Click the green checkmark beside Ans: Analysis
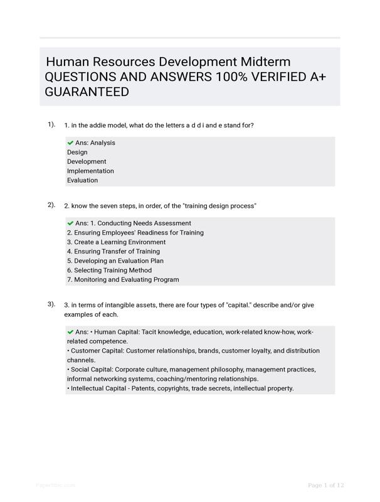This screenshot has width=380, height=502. [x=70, y=142]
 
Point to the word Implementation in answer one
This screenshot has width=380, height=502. [x=90, y=171]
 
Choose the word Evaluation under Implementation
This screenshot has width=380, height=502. [x=82, y=180]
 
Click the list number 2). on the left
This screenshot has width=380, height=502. [x=51, y=205]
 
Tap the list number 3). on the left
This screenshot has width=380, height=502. [x=51, y=304]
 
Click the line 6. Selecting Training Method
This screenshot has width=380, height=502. [x=109, y=270]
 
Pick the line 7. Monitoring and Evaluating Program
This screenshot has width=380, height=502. [x=123, y=279]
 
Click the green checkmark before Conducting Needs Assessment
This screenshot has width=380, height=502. [x=70, y=223]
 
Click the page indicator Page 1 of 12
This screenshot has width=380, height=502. [x=326, y=485]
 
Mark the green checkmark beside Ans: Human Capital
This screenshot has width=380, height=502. [x=70, y=332]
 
